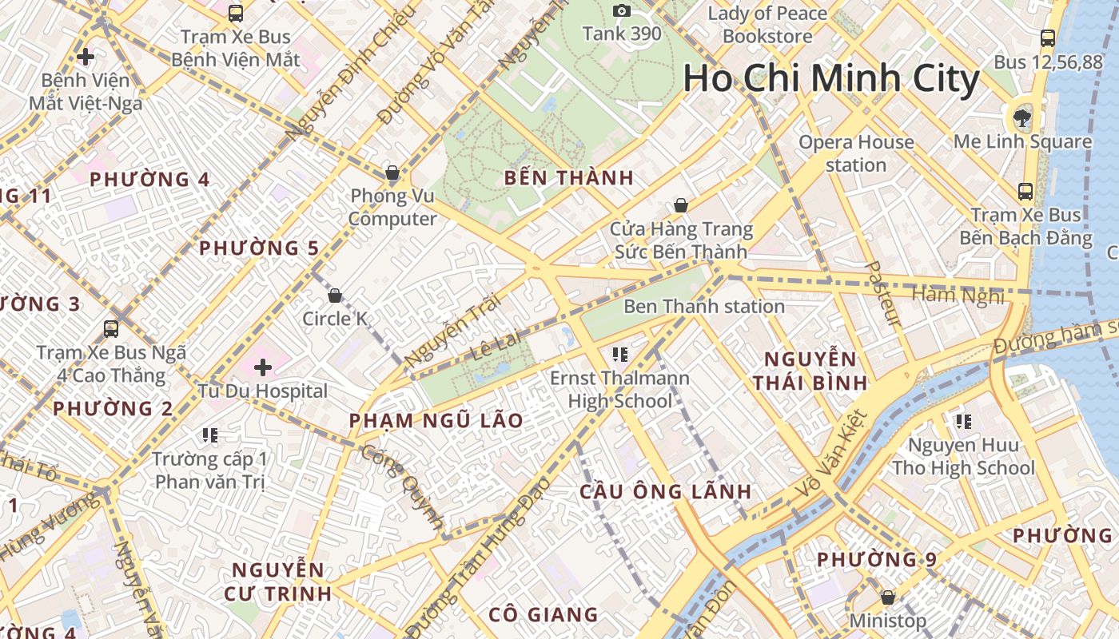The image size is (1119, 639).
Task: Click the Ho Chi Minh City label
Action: pyautogui.click(x=831, y=78)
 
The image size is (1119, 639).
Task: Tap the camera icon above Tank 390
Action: pyautogui.click(x=622, y=10)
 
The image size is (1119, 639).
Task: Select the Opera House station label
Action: pyautogui.click(x=856, y=153)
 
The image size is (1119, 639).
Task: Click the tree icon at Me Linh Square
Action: pyautogui.click(x=1021, y=118)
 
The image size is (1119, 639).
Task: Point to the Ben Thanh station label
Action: pyautogui.click(x=703, y=307)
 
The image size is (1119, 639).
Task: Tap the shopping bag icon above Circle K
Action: pyautogui.click(x=335, y=296)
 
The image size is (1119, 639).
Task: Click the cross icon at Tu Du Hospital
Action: pyautogui.click(x=263, y=367)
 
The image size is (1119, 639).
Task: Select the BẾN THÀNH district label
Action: pyautogui.click(x=569, y=178)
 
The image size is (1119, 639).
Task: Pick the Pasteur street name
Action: pyautogui.click(x=884, y=293)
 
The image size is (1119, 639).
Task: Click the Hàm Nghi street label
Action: pyautogui.click(x=958, y=295)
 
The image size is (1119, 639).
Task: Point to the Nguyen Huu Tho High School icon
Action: pyautogui.click(x=963, y=421)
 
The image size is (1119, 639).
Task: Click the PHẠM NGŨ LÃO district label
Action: pyautogui.click(x=436, y=420)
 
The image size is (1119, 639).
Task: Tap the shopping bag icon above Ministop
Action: pyautogui.click(x=887, y=597)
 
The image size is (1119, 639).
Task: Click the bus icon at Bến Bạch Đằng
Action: pyautogui.click(x=1025, y=192)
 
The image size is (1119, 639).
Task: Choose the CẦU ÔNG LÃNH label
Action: pyautogui.click(x=665, y=491)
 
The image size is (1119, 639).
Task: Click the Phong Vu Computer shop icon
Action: pyautogui.click(x=392, y=173)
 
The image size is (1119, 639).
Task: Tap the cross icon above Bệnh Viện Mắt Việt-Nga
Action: pyautogui.click(x=86, y=57)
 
